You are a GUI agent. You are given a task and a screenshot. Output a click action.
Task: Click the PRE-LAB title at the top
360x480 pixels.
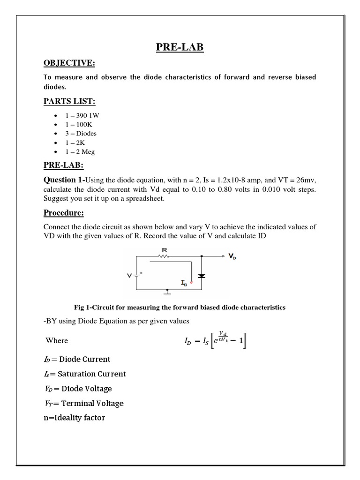[x=180, y=47]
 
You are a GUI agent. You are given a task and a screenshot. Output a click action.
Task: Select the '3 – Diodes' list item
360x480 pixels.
[x=81, y=133]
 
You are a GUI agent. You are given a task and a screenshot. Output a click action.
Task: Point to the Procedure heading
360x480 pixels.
[x=64, y=213]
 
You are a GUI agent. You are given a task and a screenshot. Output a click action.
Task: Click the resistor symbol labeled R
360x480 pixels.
[x=164, y=256]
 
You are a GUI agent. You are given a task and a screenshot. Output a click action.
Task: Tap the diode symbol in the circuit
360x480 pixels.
[x=202, y=276]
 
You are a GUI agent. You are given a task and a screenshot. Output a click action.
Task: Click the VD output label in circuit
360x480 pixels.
[x=232, y=256]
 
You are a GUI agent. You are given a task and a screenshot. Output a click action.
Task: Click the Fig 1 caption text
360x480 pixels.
[x=180, y=307]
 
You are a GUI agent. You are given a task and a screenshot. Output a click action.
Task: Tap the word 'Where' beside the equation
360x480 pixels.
[x=57, y=340]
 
